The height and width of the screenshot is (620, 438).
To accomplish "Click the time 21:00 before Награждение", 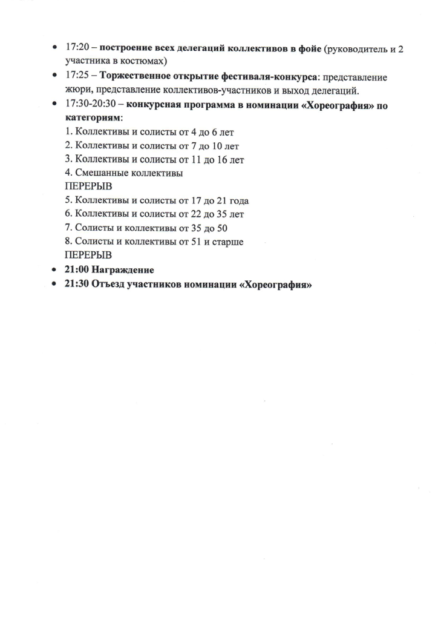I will coord(76,269).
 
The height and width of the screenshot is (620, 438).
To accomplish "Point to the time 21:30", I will coord(76,284).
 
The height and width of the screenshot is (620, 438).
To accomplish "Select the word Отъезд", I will coord(110,284).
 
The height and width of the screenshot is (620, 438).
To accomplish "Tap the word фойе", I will coord(308,48).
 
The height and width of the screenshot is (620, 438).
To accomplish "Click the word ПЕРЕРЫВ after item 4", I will coord(88,187).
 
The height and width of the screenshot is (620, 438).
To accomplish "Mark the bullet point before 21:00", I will coord(55,270).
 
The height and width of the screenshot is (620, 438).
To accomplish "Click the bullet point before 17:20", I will coord(55,48).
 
